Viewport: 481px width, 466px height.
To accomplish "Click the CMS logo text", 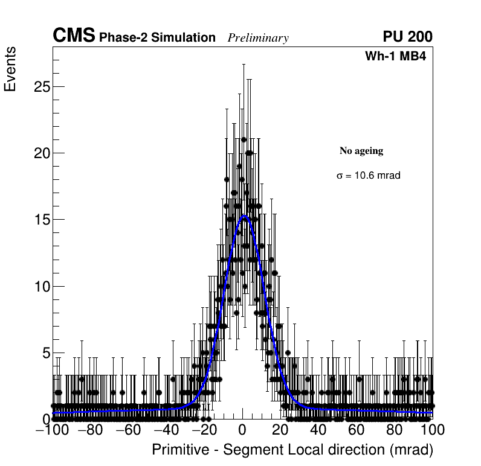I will click(74, 36).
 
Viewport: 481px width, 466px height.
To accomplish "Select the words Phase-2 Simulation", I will click(157, 38).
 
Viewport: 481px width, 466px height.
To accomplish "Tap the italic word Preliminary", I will click(258, 39).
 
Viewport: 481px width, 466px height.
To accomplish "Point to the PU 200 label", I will click(407, 37).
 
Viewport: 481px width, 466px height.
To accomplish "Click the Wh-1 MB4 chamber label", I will click(398, 57).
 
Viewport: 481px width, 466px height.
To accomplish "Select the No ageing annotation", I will click(361, 151).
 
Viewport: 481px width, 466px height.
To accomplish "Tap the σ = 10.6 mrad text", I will click(369, 176).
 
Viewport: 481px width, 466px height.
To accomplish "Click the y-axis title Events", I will click(10, 70).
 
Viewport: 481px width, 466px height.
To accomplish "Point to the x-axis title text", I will click(292, 450).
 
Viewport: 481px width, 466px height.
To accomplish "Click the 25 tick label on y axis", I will click(40, 86).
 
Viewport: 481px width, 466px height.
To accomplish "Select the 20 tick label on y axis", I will click(40, 153).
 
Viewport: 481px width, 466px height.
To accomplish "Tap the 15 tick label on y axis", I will click(40, 220).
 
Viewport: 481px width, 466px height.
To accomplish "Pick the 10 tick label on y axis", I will click(40, 286).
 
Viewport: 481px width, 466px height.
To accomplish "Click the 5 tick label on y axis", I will click(45, 353).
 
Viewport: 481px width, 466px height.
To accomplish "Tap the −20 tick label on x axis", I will click(203, 430).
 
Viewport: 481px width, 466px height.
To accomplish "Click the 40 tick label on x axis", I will click(318, 430).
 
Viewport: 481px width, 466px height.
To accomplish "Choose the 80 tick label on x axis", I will click(395, 430).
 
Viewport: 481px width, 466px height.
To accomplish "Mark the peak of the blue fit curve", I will click(244, 215).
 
